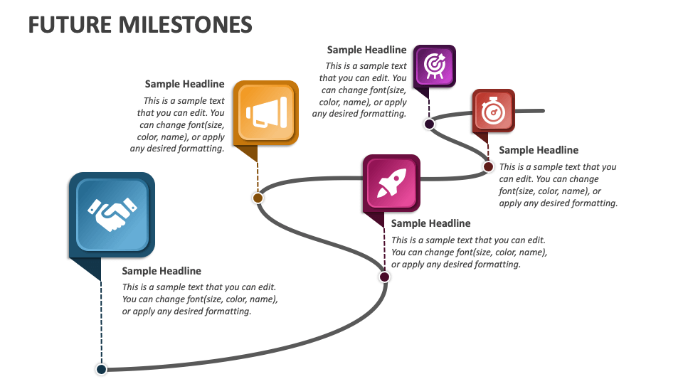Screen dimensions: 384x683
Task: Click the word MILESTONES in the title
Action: pyautogui.click(x=186, y=24)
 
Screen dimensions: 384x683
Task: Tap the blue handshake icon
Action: pyautogui.click(x=112, y=214)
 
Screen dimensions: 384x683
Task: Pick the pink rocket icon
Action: pyautogui.click(x=391, y=183)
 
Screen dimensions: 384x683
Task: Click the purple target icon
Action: pyautogui.click(x=434, y=65)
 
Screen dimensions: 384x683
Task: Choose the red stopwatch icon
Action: pyautogui.click(x=493, y=110)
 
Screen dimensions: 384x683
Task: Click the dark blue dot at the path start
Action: pyautogui.click(x=101, y=369)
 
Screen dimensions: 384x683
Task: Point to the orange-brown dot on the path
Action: pyautogui.click(x=258, y=198)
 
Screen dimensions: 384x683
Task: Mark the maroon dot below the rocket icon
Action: pyautogui.click(x=384, y=277)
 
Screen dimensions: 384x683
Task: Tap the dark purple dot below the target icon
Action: pyautogui.click(x=429, y=124)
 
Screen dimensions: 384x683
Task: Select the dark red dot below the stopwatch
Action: pyautogui.click(x=488, y=166)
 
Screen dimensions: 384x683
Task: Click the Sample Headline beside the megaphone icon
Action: pyautogui.click(x=184, y=84)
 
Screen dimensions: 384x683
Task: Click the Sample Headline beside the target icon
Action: pyautogui.click(x=366, y=50)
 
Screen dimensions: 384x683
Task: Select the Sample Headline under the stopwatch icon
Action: pyautogui.click(x=539, y=150)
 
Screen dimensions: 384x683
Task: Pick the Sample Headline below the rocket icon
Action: pyautogui.click(x=430, y=223)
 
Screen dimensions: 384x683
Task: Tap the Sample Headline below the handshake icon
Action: pyautogui.click(x=162, y=271)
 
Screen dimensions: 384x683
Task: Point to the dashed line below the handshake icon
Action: pyautogui.click(x=101, y=320)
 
